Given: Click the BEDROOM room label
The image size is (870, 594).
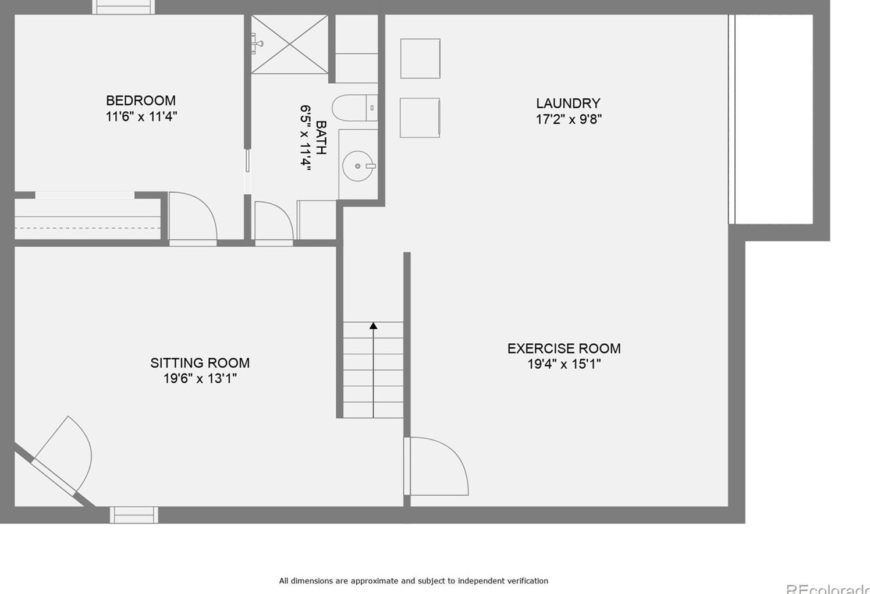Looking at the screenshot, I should point(141,101).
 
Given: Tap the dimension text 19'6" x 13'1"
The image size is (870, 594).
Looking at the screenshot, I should point(200,379).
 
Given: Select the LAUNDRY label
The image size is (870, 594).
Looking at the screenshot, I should point(568,104).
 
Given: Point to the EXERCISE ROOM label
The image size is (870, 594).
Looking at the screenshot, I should point(564,348).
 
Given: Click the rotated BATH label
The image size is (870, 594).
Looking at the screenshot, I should point(321,138).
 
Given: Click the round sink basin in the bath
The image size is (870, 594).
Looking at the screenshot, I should point(357,166).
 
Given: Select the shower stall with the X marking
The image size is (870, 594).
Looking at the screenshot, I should point(290,45).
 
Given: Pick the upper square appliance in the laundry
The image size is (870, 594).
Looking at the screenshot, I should point(420,59).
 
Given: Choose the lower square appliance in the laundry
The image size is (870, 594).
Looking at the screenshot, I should point(420,118).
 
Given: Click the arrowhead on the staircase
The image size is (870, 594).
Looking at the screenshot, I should point(374,326).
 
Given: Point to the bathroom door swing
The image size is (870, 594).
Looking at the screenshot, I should point(274,221).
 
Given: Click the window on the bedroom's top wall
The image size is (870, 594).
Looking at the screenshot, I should point(123,7).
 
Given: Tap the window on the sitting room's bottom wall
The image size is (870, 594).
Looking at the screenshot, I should point(134,515).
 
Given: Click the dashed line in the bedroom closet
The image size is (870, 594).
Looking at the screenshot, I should point(87,228).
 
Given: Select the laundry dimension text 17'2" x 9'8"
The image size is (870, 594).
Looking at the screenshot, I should point(568,119).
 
